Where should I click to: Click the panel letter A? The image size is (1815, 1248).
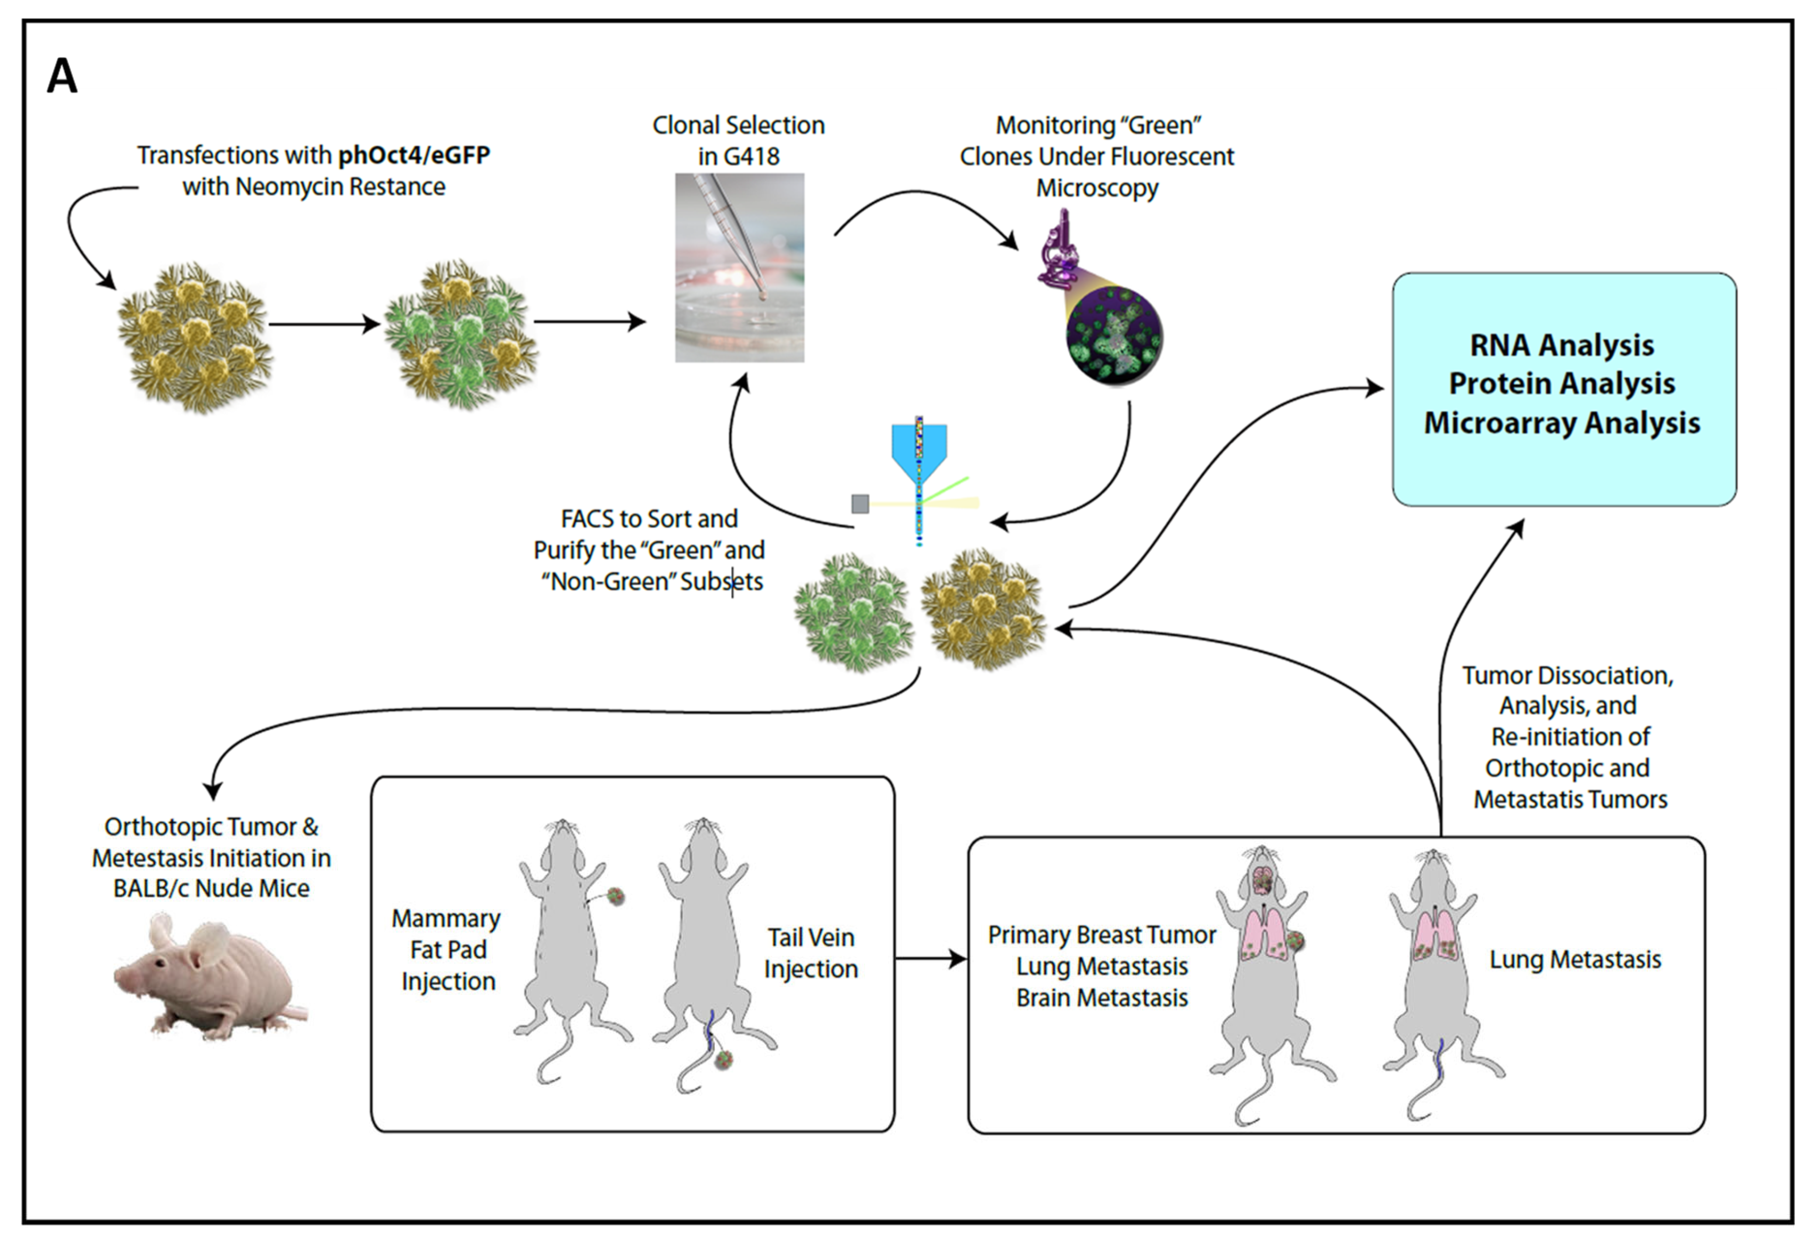(63, 77)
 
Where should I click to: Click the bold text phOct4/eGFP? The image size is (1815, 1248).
(414, 155)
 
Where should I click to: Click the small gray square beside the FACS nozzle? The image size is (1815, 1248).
(860, 504)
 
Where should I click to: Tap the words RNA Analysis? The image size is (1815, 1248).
(1562, 345)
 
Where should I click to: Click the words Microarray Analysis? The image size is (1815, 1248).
(1562, 422)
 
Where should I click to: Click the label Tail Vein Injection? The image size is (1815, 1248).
(811, 953)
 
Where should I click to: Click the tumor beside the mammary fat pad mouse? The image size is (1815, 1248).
(616, 896)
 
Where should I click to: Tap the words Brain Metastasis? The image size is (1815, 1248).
(1102, 998)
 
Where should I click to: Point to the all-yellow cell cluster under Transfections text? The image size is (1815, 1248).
(195, 338)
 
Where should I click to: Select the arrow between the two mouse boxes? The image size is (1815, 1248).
(930, 959)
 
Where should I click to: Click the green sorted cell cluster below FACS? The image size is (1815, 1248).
(853, 612)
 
